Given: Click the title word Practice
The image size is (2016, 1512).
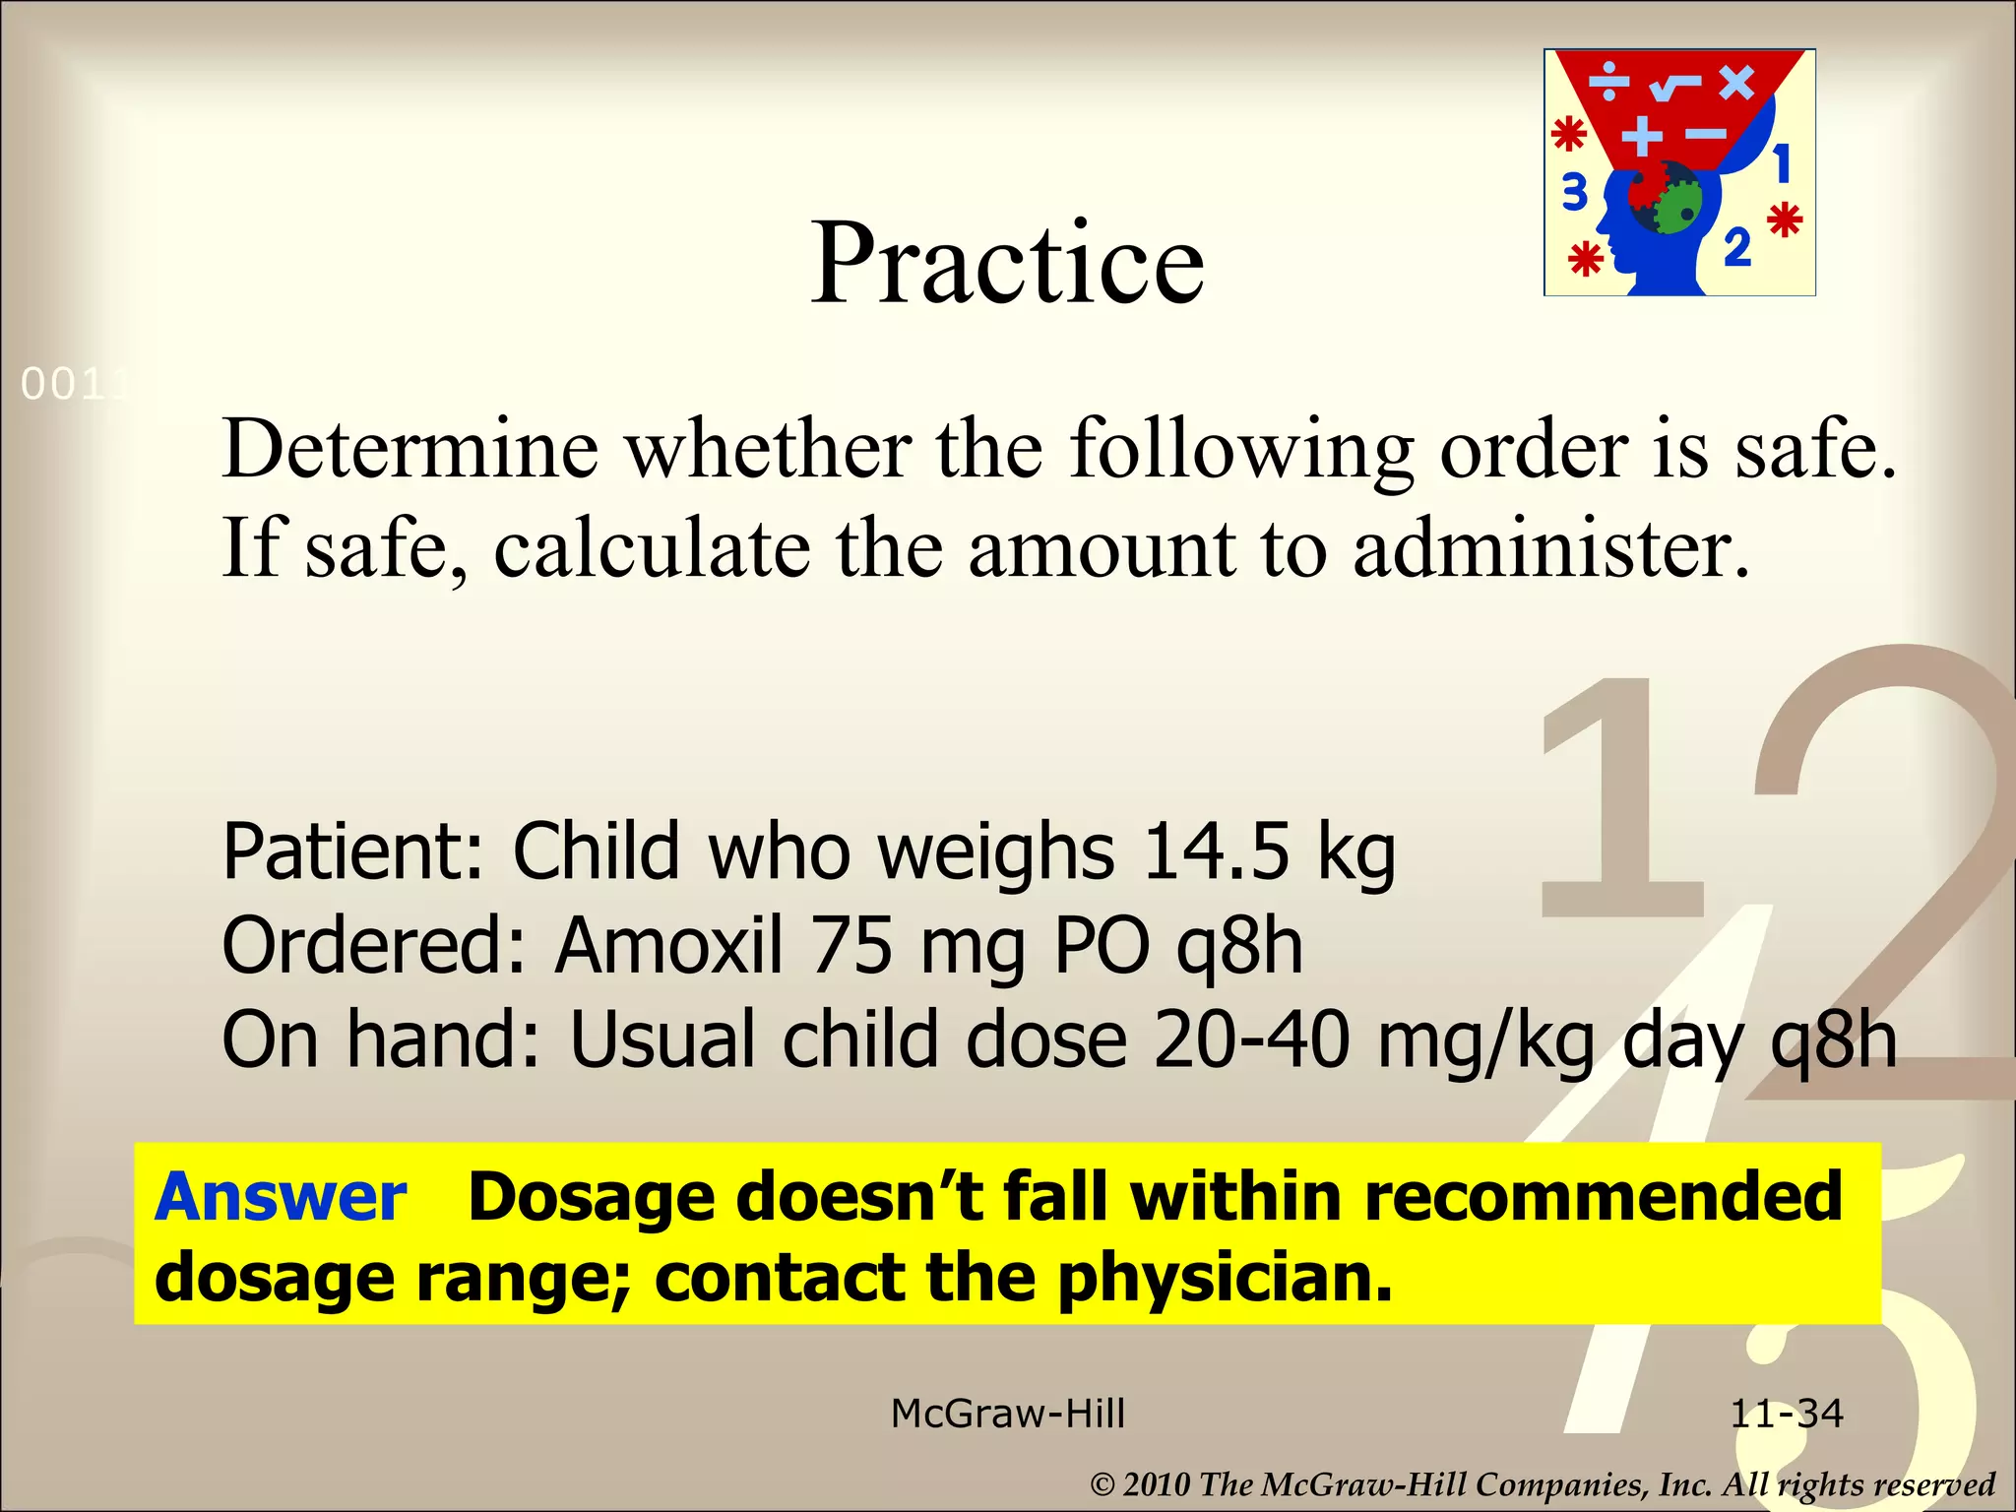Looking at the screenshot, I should pyautogui.click(x=1007, y=263).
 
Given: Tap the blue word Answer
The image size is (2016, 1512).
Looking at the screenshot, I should pyautogui.click(x=281, y=1197).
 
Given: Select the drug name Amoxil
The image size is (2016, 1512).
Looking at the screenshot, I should pyautogui.click(x=669, y=945).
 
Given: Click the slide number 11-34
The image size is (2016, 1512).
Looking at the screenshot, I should pyautogui.click(x=1787, y=1414).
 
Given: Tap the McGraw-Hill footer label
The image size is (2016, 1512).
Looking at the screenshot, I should pyautogui.click(x=1007, y=1414).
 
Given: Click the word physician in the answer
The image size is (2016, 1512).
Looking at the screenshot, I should pyautogui.click(x=1226, y=1278).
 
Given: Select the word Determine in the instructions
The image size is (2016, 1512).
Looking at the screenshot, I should pyautogui.click(x=410, y=449).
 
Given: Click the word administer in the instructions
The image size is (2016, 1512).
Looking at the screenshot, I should pyautogui.click(x=1552, y=547).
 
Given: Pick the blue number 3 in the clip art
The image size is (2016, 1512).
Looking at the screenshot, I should pyautogui.click(x=1575, y=192).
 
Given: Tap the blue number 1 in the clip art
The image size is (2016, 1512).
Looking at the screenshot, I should pyautogui.click(x=1782, y=163).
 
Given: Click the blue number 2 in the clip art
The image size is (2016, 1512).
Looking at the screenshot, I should pyautogui.click(x=1737, y=247).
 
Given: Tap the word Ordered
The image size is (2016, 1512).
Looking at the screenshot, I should pyautogui.click(x=375, y=945).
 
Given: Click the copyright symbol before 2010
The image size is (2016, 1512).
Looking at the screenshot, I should pyautogui.click(x=1103, y=1484).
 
